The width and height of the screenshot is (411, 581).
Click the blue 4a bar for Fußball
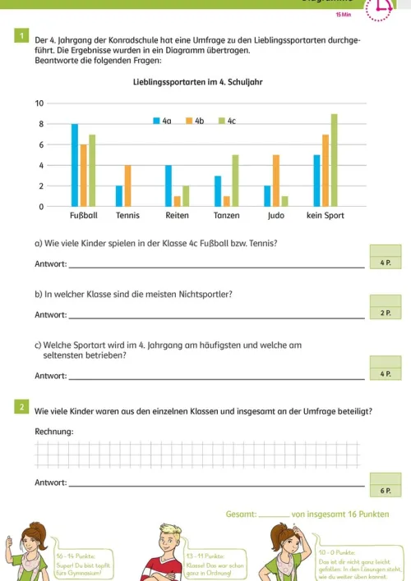75,165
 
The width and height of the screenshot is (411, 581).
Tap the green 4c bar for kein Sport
334,160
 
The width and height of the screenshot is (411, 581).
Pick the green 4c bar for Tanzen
235,181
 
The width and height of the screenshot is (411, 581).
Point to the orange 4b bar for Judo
275,181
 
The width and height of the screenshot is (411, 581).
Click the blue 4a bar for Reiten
169,186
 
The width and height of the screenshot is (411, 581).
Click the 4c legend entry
228,121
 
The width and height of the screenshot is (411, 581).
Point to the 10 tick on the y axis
39,103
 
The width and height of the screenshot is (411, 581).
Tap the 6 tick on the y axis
39,144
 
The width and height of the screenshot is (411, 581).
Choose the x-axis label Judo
276,216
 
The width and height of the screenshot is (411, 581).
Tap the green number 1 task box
21,35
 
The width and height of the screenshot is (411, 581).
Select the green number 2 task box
21,406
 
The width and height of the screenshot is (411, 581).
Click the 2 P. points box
385,313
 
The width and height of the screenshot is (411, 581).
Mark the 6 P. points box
385,490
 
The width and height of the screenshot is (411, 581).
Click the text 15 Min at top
344,16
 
